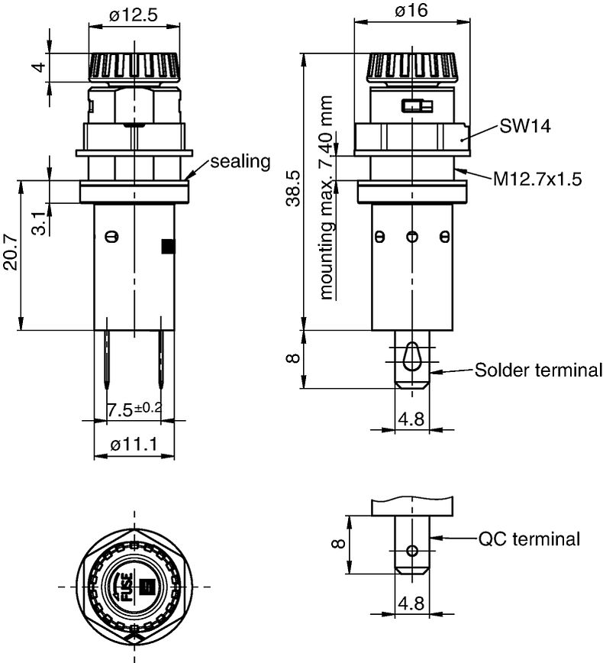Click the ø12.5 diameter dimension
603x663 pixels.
pyautogui.click(x=134, y=13)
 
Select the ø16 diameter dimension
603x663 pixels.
pyautogui.click(x=411, y=10)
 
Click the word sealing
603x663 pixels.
pyautogui.click(x=240, y=161)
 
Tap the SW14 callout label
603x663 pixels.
pyautogui.click(x=525, y=126)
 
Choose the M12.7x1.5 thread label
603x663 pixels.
pyautogui.click(x=537, y=179)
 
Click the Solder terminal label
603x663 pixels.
pyautogui.click(x=538, y=370)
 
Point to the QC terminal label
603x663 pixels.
pyautogui.click(x=529, y=539)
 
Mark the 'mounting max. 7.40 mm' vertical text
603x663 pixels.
pyautogui.click(x=327, y=197)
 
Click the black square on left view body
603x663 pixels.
pyautogui.click(x=167, y=246)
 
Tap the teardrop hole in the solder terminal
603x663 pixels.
pyautogui.click(x=411, y=355)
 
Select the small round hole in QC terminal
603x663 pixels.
pyautogui.click(x=412, y=551)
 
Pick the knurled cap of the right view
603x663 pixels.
pyautogui.click(x=411, y=67)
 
